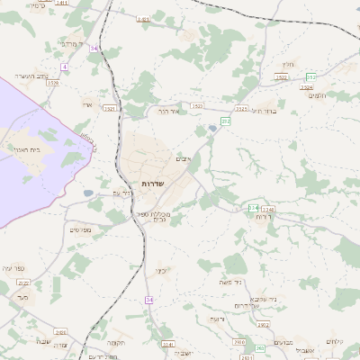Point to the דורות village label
tap(262, 217)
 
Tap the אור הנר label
tap(169, 111)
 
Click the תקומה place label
tap(114, 342)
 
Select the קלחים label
tap(336, 340)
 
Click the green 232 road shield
tap(226, 120)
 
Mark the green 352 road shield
tap(310, 77)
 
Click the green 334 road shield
tap(253, 208)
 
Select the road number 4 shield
tap(65, 67)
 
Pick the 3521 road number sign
tap(110, 108)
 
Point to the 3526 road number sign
tap(53, 83)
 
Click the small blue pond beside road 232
tap(211, 129)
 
